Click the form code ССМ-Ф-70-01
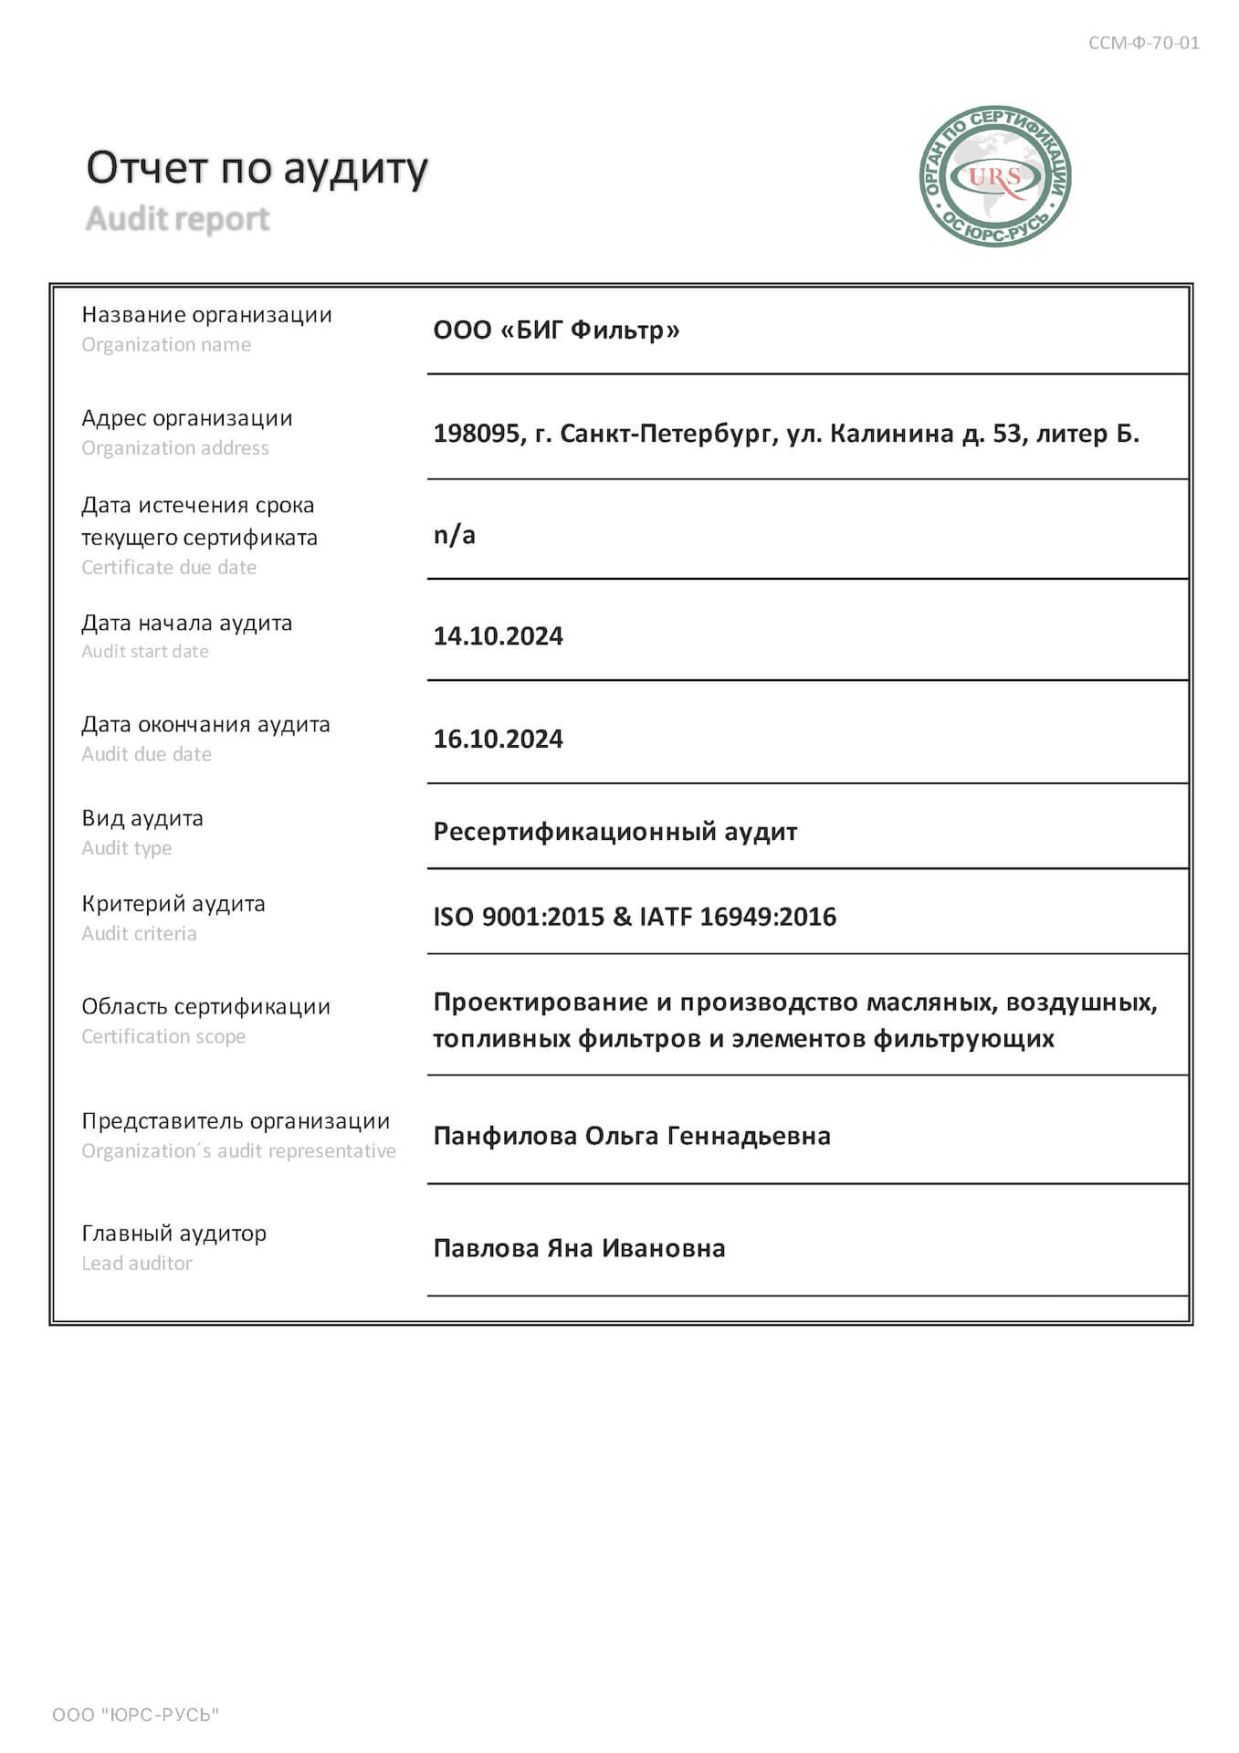pos(1143,43)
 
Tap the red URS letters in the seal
pos(994,176)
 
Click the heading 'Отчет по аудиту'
pos(257,169)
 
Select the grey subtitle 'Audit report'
pos(178,219)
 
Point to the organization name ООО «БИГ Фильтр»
pos(556,330)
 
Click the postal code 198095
pos(477,433)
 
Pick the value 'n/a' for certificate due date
pos(454,535)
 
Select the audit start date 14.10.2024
pos(498,635)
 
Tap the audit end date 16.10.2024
pos(498,739)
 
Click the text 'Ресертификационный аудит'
pos(614,832)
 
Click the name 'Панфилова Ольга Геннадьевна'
pos(632,1136)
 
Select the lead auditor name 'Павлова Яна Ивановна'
pos(579,1248)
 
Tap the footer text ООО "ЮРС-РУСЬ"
pos(136,1715)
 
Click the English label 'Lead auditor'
pos(137,1264)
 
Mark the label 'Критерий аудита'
pos(173,904)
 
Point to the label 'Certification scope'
pos(163,1037)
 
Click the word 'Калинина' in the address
pos(891,433)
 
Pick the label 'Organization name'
pos(166,345)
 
